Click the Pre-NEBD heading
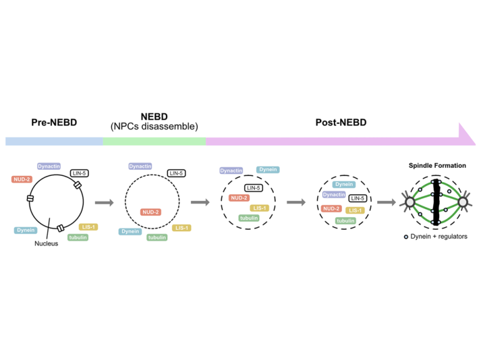[54, 122]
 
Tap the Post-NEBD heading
[340, 122]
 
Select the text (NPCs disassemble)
[154, 126]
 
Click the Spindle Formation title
[437, 166]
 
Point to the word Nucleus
[46, 244]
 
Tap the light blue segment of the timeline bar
[54, 141]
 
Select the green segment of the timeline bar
[154, 141]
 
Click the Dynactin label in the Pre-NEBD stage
[48, 166]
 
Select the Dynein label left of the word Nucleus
[24, 230]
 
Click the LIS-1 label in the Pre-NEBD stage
[88, 227]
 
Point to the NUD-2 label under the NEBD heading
[151, 212]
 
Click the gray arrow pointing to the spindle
[386, 202]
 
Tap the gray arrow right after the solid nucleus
[103, 202]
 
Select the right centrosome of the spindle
[464, 202]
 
